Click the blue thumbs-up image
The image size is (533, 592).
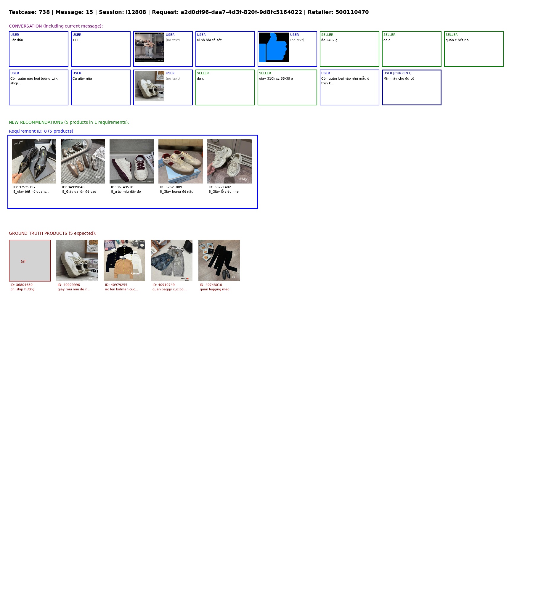coord(274,47)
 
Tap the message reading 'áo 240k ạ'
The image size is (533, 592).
coord(329,40)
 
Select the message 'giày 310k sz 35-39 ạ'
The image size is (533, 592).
coord(276,78)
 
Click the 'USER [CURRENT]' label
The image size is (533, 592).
coord(397,73)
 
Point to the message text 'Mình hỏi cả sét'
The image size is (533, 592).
coord(209,40)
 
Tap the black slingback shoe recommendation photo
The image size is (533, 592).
coord(34,161)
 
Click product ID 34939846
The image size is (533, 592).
coord(73,187)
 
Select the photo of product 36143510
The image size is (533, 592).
coord(132,161)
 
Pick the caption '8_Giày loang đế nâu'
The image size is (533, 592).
coord(176,192)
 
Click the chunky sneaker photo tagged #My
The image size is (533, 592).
coord(229,161)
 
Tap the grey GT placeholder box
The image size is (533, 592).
coord(30,260)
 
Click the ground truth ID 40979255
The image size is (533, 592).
coord(116,285)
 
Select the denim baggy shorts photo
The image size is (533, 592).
coord(172,260)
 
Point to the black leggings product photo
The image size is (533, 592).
coord(219,260)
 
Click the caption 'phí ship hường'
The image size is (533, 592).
coord(22,289)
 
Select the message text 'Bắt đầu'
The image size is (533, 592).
coord(17,40)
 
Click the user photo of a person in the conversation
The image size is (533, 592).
coord(150,47)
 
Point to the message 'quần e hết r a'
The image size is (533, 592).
coord(457,40)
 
